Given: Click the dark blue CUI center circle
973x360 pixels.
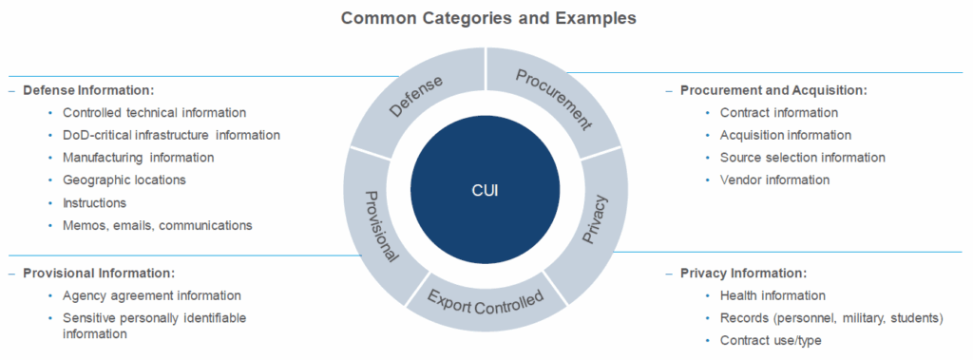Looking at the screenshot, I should click(x=485, y=189).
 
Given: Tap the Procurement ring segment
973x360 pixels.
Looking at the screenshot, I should click(x=554, y=99).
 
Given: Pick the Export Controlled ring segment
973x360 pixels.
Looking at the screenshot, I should click(x=486, y=302).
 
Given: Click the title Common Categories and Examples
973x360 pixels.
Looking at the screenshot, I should click(x=488, y=17).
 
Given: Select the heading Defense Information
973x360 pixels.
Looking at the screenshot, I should click(x=88, y=90).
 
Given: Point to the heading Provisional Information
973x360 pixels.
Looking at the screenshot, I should click(x=99, y=273).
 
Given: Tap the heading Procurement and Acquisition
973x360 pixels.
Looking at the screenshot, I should click(x=773, y=90).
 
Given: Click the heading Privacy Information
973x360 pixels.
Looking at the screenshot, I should click(x=743, y=273).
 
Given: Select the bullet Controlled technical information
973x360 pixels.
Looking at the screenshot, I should click(x=154, y=112).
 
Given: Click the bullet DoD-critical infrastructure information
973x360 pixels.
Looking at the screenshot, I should click(x=171, y=135).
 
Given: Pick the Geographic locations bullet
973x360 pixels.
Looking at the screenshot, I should click(x=124, y=180).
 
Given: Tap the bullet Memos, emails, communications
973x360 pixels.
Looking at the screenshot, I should click(x=157, y=225).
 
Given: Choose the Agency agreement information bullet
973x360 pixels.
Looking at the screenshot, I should click(x=151, y=295).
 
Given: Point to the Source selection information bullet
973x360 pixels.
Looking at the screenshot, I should click(x=802, y=158).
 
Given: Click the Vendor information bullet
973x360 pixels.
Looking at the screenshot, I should click(x=774, y=180).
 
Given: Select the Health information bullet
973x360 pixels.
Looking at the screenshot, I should click(x=773, y=295).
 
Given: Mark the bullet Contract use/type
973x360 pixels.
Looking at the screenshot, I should click(x=771, y=340).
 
